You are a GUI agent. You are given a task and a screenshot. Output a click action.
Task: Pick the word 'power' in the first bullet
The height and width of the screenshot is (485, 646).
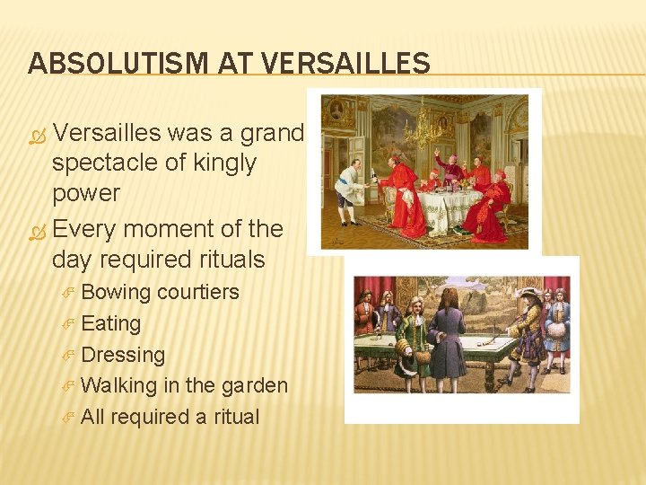pos(86,194)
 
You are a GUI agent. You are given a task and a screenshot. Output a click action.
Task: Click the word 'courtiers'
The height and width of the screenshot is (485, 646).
pos(197,292)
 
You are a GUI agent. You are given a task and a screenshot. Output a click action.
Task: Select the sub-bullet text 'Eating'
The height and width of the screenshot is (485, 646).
pos(110,323)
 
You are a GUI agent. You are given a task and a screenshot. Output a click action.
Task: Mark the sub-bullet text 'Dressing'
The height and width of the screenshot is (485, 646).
pos(123,355)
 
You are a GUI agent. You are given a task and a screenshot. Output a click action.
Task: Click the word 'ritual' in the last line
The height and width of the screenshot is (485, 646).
pos(232,417)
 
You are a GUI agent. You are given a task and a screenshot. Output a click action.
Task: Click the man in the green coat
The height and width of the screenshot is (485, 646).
pos(415,337)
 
